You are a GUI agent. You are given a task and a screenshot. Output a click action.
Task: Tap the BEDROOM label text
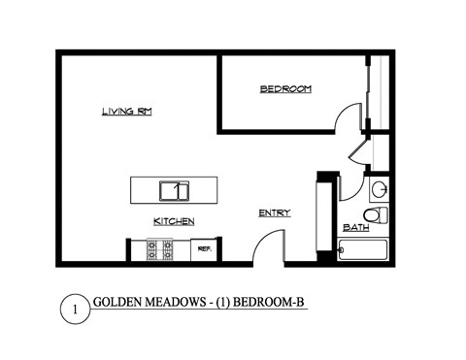tap(285, 89)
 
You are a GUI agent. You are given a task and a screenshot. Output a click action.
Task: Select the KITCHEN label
tap(173, 222)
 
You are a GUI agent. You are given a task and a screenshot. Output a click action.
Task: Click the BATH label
tap(354, 229)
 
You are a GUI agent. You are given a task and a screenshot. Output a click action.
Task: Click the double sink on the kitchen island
tap(175, 189)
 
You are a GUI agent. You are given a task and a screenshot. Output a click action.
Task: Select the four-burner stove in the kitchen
tap(159, 251)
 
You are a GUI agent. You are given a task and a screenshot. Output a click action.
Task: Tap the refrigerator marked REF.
tap(205, 250)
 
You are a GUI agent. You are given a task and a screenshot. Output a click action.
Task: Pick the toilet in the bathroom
tap(374, 214)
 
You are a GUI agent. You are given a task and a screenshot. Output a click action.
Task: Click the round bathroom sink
tap(380, 188)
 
